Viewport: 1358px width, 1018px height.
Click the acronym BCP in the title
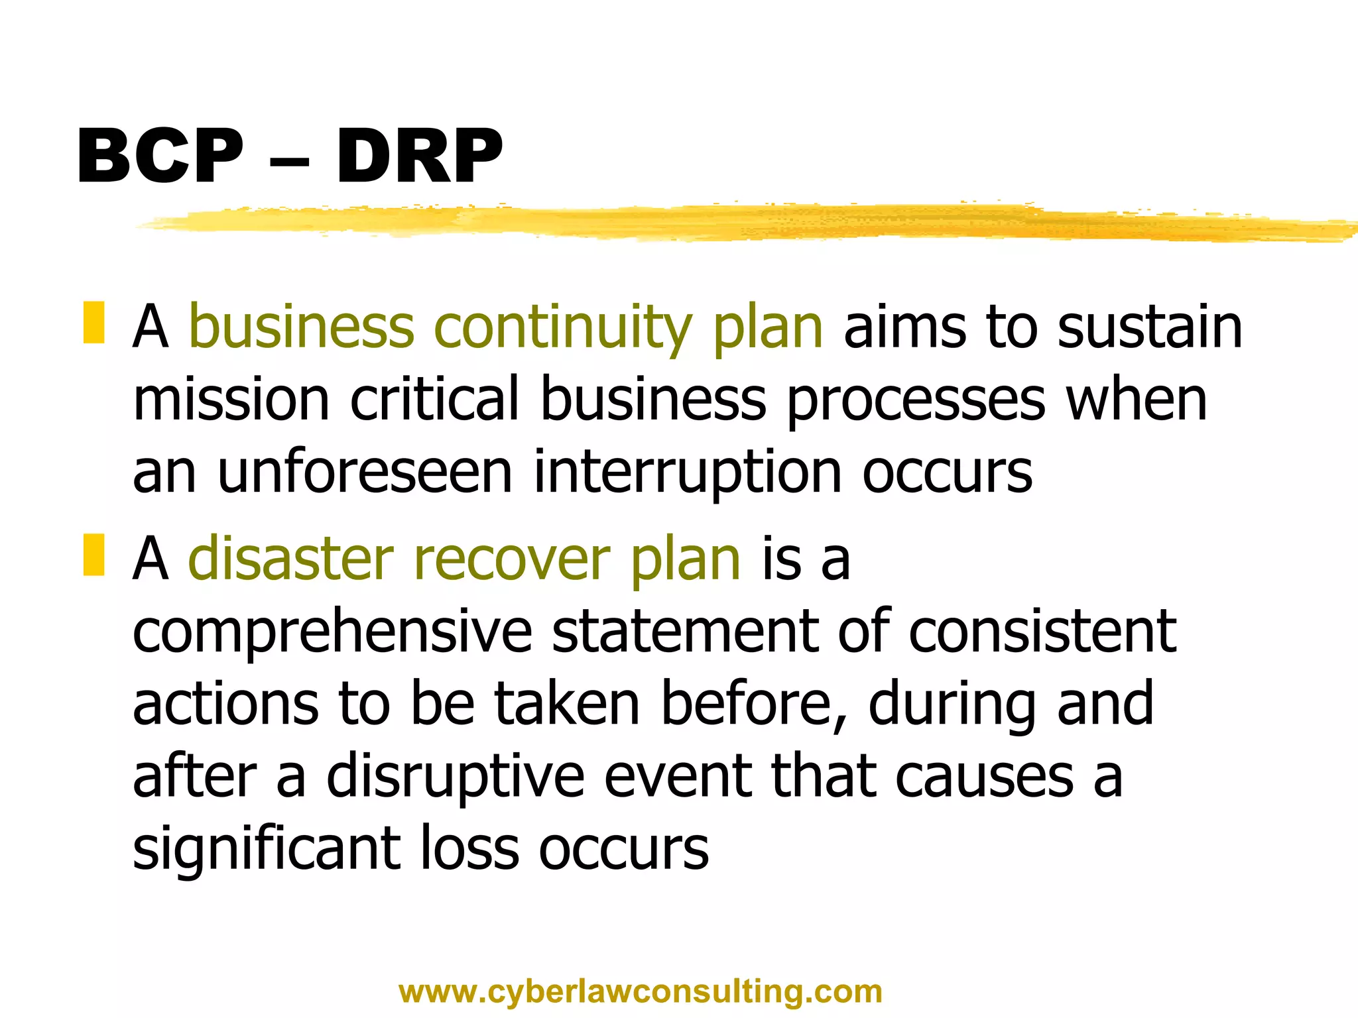point(160,156)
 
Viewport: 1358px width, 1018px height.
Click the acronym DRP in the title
point(419,156)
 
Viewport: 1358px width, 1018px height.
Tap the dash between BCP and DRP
point(290,160)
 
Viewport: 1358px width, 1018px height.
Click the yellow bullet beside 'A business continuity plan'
point(93,323)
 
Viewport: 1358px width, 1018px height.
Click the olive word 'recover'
point(511,560)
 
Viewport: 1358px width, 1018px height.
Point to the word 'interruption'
point(688,473)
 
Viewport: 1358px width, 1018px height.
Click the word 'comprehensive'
point(332,632)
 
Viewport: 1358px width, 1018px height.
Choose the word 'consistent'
point(1042,632)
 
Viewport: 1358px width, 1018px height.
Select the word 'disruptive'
point(456,778)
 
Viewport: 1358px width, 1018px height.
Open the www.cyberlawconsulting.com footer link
point(641,992)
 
